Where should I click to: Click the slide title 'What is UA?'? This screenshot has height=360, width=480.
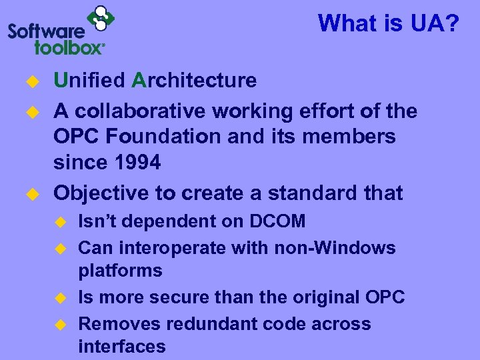(389, 24)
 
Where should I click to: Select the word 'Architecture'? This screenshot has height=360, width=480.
(195, 81)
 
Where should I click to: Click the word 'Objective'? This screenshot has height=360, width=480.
(101, 193)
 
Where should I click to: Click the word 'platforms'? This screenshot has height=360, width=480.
(121, 271)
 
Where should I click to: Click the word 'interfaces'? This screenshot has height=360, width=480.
(122, 347)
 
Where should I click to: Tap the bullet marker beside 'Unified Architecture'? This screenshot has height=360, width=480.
(29, 82)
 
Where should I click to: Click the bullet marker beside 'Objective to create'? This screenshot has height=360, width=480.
(29, 195)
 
